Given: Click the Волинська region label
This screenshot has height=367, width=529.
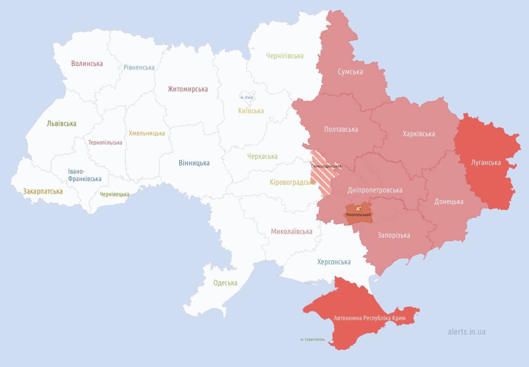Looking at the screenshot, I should [87, 64].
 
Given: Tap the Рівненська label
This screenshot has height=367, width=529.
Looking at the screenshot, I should [139, 67].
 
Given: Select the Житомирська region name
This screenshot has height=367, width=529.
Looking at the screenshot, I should [188, 89].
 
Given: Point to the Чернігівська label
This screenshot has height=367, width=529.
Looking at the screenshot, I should [285, 56].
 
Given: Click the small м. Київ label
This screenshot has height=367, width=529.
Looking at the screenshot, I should [247, 98].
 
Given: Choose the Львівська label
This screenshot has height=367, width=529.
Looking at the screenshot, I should [62, 123].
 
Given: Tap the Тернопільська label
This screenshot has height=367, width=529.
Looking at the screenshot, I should [105, 142].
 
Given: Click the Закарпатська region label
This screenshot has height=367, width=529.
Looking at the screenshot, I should [43, 191].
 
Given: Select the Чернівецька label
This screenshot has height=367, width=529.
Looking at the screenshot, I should [114, 194].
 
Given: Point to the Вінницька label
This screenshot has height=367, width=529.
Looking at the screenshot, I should [194, 163].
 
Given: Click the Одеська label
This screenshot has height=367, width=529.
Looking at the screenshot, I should [225, 283].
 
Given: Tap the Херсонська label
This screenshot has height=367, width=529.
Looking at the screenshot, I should [334, 262].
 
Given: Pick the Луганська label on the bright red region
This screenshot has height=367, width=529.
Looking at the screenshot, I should [486, 163].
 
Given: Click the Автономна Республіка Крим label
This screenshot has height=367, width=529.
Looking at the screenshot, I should [369, 318].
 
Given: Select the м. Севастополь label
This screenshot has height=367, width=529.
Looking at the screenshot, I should [312, 340].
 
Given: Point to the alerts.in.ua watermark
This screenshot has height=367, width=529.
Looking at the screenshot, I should [467, 331].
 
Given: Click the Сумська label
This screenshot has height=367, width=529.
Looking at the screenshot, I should [350, 72].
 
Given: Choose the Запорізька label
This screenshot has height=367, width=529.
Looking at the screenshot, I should [394, 235].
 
